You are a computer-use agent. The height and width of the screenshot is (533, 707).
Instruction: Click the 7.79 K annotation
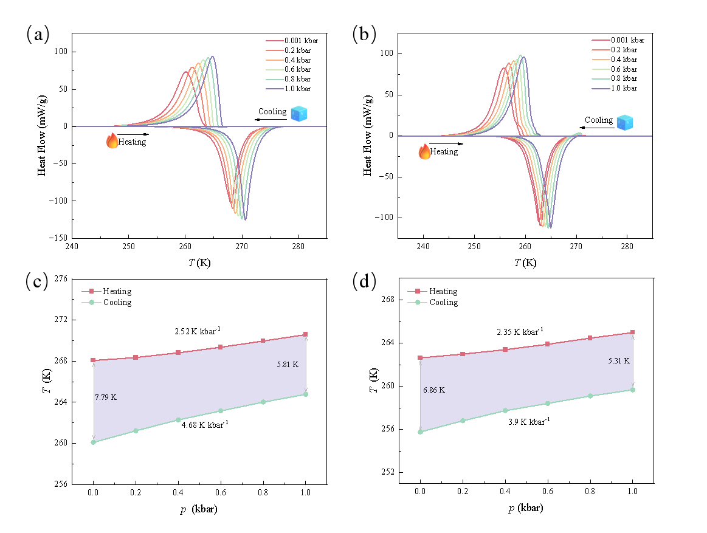[106, 397]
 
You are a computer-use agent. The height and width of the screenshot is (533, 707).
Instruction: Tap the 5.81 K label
[288, 365]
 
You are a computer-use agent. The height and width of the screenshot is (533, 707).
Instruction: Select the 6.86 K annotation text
[433, 390]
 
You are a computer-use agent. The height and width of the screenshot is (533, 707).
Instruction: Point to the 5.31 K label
[619, 361]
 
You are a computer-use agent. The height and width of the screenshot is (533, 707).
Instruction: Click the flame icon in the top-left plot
[112, 141]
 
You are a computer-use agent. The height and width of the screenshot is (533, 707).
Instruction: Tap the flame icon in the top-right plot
[424, 151]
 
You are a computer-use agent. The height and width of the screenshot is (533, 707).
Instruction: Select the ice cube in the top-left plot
[298, 114]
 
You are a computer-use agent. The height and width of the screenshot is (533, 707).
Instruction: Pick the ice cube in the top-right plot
[624, 122]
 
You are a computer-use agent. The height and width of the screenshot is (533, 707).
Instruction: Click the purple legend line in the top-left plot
[275, 89]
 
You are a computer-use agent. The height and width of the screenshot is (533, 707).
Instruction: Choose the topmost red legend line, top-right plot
[601, 41]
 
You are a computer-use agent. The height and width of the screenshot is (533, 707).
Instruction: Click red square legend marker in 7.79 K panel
[91, 291]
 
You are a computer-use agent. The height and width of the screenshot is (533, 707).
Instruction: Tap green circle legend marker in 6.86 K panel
[417, 302]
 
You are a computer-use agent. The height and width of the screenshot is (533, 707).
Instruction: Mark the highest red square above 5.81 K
[305, 334]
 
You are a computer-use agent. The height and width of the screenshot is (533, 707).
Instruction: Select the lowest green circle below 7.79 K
[93, 442]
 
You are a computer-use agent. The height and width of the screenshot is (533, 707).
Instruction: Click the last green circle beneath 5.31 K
[632, 390]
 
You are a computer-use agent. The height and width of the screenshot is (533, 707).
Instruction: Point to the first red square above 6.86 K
[420, 358]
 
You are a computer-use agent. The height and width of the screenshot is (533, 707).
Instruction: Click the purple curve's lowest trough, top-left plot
[245, 219]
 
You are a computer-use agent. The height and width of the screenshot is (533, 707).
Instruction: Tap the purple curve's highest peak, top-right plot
[521, 55]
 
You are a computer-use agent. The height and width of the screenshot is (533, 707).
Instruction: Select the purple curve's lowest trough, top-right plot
[550, 227]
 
